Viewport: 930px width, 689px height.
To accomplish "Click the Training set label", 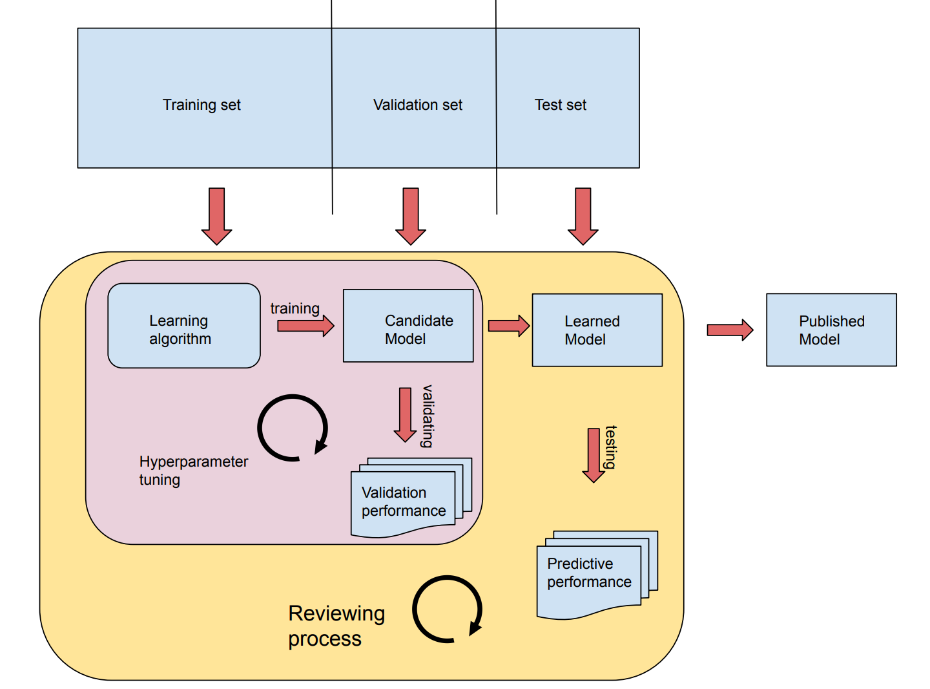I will click(x=201, y=105).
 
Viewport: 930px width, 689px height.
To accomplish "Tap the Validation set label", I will click(x=417, y=105).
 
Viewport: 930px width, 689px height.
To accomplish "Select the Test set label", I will click(x=560, y=105).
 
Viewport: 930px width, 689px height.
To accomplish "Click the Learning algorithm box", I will click(x=184, y=326).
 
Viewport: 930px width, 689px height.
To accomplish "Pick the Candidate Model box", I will click(x=408, y=326).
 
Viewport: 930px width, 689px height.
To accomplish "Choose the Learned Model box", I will click(x=597, y=330).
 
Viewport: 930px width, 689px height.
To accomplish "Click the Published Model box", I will click(x=831, y=330).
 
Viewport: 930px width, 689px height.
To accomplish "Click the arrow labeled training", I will click(x=305, y=325).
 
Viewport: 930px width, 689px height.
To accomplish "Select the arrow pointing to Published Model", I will click(x=730, y=330).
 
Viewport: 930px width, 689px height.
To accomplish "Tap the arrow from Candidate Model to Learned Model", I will click(x=508, y=326).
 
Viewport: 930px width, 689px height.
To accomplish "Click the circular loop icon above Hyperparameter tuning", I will click(x=293, y=428).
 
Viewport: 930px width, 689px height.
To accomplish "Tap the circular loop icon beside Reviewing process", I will click(x=448, y=609).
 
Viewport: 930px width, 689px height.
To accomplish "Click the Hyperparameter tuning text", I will click(x=193, y=471).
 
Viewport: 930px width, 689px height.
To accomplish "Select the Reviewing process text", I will click(x=336, y=625).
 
